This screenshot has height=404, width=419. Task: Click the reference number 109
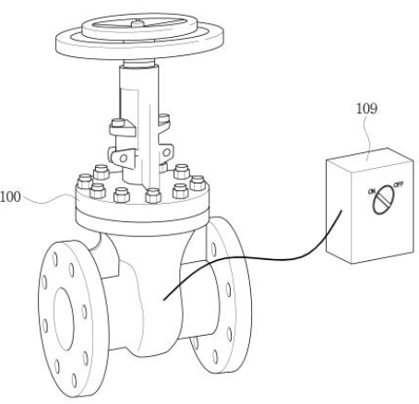pyautogui.click(x=366, y=109)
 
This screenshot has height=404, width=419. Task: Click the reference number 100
pyautogui.click(x=10, y=196)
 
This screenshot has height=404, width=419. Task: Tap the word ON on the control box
pyautogui.click(x=372, y=192)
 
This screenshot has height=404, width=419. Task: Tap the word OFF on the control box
pyautogui.click(x=399, y=184)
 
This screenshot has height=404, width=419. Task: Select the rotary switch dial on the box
pyautogui.click(x=383, y=200)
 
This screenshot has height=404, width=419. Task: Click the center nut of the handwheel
pyautogui.click(x=138, y=23)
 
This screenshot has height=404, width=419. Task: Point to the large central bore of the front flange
pyautogui.click(x=64, y=319)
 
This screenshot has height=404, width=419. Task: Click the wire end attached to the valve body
pyautogui.click(x=164, y=299)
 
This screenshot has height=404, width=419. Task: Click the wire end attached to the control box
pyautogui.click(x=341, y=210)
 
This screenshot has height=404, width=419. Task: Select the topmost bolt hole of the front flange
pyautogui.click(x=55, y=259)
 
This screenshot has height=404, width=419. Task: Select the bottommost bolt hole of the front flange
pyautogui.click(x=74, y=380)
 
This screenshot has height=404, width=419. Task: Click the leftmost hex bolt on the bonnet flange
pyautogui.click(x=85, y=182)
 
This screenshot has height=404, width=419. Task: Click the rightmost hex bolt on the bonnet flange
pyautogui.click(x=198, y=183)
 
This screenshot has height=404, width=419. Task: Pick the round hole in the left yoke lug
pyautogui.click(x=124, y=159)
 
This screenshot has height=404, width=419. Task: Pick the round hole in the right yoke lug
pyautogui.click(x=166, y=152)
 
